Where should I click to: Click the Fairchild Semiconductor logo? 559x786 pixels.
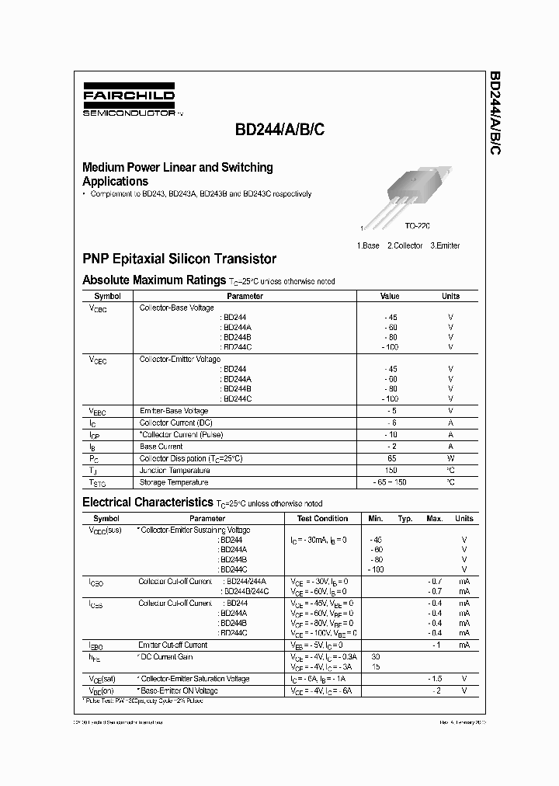tap(129, 101)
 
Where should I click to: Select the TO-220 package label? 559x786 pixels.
tap(417, 225)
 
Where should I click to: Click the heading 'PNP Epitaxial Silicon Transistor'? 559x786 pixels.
tap(179, 259)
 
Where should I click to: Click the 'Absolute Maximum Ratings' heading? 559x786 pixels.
tap(154, 280)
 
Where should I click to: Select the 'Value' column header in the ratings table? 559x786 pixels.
tap(390, 296)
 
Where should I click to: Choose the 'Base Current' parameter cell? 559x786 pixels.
tap(161, 447)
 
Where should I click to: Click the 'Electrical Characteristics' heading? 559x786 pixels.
tap(147, 503)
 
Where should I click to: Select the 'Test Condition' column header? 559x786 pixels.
tap(322, 519)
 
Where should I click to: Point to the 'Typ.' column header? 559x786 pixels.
tap(405, 519)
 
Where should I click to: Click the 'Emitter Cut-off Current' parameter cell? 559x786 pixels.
tap(173, 645)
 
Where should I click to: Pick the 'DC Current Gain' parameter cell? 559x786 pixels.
tap(167, 657)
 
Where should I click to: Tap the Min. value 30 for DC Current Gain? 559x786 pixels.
tap(377, 657)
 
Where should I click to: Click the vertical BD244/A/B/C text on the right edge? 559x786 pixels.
tap(495, 115)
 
